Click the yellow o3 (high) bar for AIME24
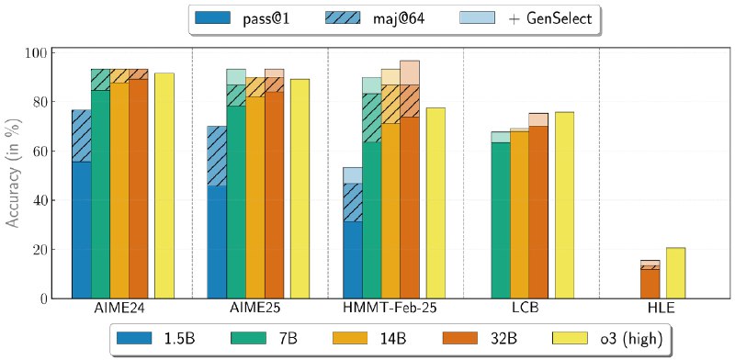tap(164, 186)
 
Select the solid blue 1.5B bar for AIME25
tap(217, 242)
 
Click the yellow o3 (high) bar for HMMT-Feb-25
tap(435, 204)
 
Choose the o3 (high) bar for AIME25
tap(300, 189)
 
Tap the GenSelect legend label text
tap(552, 18)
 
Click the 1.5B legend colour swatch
tap(134, 339)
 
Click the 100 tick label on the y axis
tap(34, 52)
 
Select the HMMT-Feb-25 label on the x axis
tap(394, 309)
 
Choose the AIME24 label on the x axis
tap(123, 309)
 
